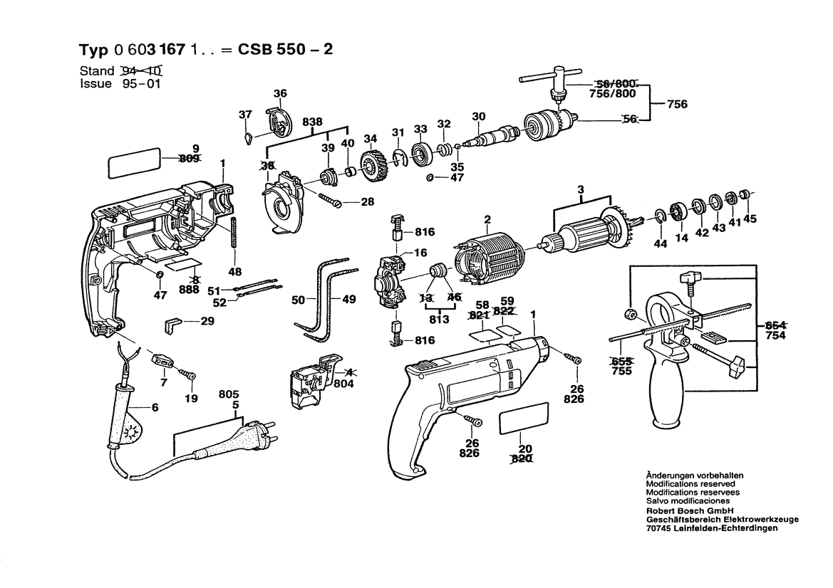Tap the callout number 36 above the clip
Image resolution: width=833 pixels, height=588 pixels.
280,93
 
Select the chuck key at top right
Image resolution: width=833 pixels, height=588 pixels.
547,77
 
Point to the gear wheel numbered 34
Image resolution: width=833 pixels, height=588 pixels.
369,167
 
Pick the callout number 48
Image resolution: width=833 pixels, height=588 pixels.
234,271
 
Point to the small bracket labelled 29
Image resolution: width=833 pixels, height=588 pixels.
173,324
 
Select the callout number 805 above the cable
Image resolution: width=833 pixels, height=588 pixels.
228,394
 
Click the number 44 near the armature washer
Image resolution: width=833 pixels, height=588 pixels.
660,244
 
